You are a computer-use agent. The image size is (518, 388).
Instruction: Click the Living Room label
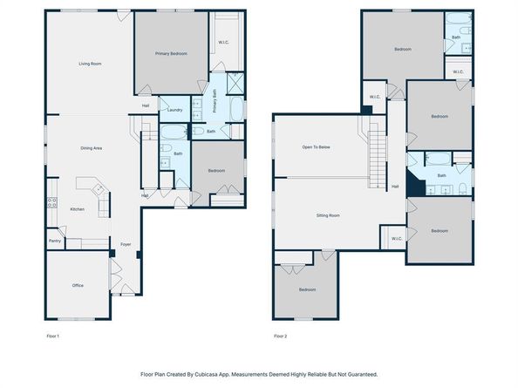[x=90, y=64]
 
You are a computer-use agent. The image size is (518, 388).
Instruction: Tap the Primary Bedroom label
[x=171, y=53]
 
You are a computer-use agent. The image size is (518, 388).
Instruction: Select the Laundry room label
[x=174, y=110]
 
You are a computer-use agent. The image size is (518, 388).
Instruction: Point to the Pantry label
[x=55, y=241]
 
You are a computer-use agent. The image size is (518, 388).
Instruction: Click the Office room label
[x=78, y=285]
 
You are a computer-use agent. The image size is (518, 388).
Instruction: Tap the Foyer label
[x=126, y=244]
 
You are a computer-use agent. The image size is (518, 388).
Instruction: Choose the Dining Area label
[x=92, y=148]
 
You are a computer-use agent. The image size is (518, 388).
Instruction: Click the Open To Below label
[x=317, y=147]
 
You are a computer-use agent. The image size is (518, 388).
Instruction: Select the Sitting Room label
[x=328, y=215]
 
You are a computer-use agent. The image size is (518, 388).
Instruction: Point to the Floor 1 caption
[x=53, y=337]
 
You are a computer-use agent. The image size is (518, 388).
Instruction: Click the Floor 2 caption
[x=281, y=337]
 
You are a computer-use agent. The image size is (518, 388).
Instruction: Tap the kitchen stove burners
[x=52, y=202]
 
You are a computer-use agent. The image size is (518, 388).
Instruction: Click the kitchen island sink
[x=99, y=189]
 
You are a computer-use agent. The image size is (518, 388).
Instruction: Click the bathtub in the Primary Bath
[x=236, y=109]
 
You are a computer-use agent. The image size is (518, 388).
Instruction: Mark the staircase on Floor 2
[x=378, y=155]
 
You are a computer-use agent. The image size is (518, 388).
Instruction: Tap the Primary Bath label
[x=215, y=101]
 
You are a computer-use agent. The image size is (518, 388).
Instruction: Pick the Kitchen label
[x=78, y=209]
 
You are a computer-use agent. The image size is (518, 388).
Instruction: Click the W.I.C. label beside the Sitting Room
[x=397, y=238]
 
